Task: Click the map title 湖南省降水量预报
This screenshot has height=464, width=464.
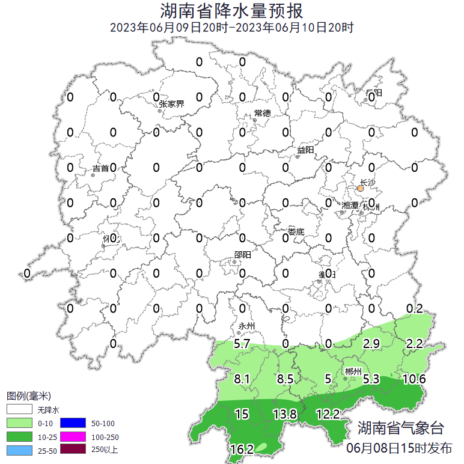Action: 231,11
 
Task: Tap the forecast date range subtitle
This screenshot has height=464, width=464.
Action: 231,28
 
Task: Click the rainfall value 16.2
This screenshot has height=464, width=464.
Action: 242,448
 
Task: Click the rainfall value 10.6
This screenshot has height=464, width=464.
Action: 414,379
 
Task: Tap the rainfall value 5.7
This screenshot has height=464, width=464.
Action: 242,344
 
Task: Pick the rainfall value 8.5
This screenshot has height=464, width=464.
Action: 285,379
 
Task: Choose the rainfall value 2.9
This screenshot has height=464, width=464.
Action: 371,344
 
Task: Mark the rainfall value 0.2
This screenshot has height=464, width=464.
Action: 415,309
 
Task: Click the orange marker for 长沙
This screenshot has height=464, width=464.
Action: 361,189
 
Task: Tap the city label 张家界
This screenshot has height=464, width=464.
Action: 171,103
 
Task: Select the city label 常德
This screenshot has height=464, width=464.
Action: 263,113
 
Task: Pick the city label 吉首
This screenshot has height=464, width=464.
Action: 100,169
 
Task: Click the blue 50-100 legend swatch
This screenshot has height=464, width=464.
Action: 79,423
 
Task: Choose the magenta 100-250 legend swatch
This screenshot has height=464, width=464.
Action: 79,436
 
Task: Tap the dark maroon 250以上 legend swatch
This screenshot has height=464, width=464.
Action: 79,450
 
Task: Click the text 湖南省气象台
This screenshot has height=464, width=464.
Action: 400,429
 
